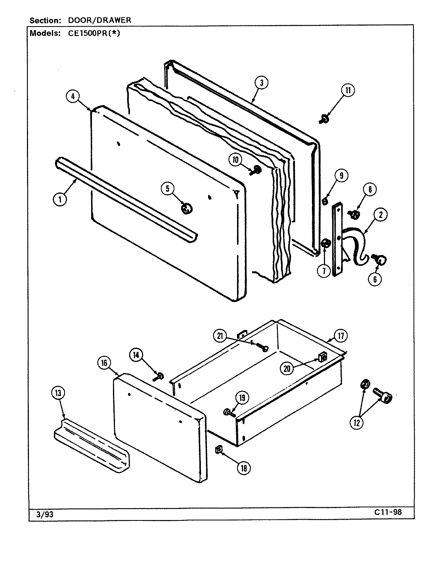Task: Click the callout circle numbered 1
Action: (x=60, y=200)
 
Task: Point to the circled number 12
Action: (x=356, y=423)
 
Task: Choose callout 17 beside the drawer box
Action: (x=340, y=336)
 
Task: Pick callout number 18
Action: (x=244, y=468)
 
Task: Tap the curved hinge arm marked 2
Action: (x=358, y=246)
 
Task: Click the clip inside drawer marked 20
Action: (x=322, y=358)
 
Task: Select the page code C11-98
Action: (x=388, y=512)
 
